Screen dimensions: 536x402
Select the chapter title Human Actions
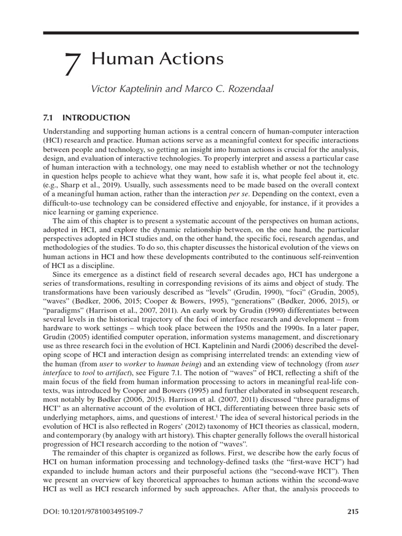tap(158, 59)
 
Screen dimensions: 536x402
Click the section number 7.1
tap(49, 118)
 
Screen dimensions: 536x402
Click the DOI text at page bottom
tap(93, 512)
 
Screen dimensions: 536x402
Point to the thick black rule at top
tap(200, 33)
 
